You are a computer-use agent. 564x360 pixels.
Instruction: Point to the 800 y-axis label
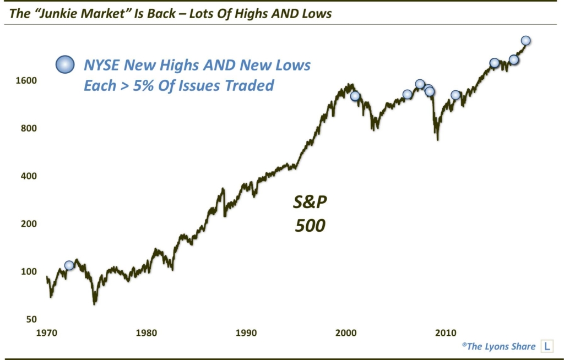(29, 128)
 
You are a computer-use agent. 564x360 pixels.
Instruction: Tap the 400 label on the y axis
(29, 176)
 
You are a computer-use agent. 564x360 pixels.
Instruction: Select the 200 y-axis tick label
(29, 223)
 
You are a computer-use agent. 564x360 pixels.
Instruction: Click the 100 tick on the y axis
(29, 271)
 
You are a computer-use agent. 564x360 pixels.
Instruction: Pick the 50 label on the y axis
(31, 319)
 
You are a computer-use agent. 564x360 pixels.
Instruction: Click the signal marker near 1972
(69, 265)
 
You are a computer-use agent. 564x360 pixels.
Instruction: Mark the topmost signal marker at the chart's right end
(525, 40)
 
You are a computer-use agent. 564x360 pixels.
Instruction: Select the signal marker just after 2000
(355, 96)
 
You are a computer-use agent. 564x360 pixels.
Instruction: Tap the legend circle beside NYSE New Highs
(65, 65)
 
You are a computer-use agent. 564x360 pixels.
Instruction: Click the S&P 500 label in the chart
(310, 214)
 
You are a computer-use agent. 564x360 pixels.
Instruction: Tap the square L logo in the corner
(547, 346)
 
